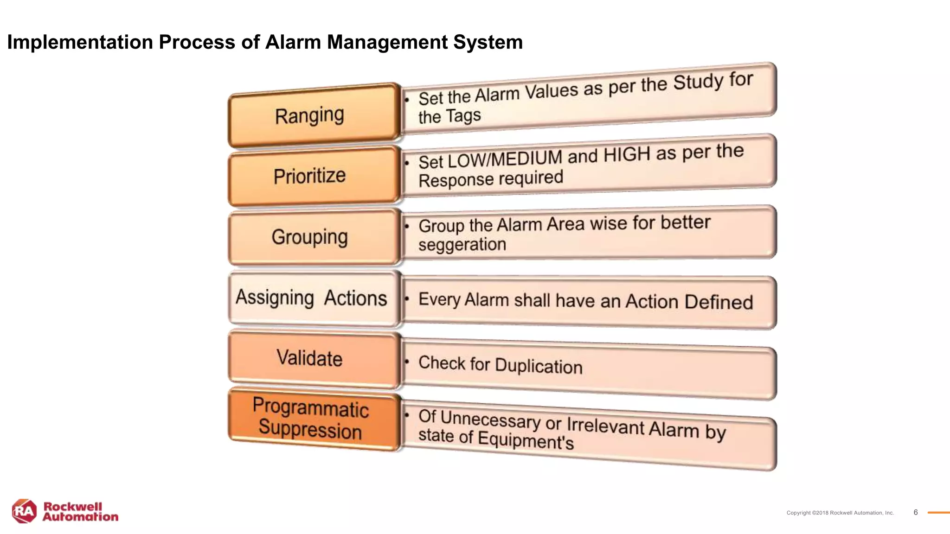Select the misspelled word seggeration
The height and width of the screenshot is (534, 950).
tap(462, 245)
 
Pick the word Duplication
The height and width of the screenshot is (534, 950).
tap(539, 366)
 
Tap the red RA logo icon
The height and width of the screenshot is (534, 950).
tap(24, 511)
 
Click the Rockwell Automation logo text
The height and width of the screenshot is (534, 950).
tap(80, 512)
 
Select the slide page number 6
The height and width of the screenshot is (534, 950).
tap(915, 512)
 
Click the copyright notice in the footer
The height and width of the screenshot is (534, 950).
tap(840, 513)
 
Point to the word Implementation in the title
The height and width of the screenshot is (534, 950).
tap(80, 42)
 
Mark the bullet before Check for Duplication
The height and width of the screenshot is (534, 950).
tap(407, 361)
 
